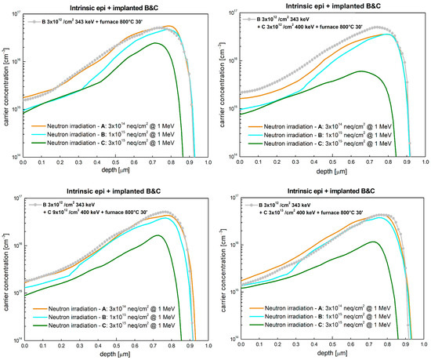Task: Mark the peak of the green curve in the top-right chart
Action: tap(361, 71)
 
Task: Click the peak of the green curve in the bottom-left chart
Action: tap(158, 235)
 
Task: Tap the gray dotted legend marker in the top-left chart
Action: tap(38, 21)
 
